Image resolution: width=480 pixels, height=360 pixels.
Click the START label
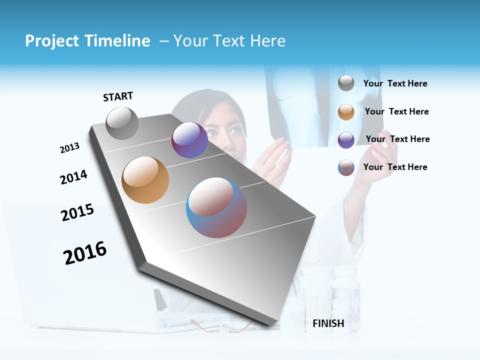118,96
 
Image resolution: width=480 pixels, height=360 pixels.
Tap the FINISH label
328,323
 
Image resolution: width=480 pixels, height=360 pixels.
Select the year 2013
69,148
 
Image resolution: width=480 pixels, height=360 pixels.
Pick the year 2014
73,177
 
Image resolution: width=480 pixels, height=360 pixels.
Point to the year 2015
77,212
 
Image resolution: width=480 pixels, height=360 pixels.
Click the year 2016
85,252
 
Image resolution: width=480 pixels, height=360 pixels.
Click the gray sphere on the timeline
122,123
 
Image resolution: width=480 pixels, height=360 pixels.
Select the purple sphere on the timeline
189,140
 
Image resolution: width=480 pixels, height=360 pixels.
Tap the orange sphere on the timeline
145,180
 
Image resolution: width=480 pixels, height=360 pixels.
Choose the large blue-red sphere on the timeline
216,207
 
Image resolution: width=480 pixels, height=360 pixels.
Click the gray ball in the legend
346,83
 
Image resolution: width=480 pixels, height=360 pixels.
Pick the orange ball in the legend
346,112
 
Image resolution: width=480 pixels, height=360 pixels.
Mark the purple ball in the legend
346,140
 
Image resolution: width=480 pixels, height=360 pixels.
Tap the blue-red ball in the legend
346,167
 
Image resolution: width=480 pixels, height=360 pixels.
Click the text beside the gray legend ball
395,83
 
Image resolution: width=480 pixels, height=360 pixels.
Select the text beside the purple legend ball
397,139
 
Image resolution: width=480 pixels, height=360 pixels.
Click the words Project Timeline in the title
87,41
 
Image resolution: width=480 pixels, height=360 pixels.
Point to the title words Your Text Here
229,41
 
